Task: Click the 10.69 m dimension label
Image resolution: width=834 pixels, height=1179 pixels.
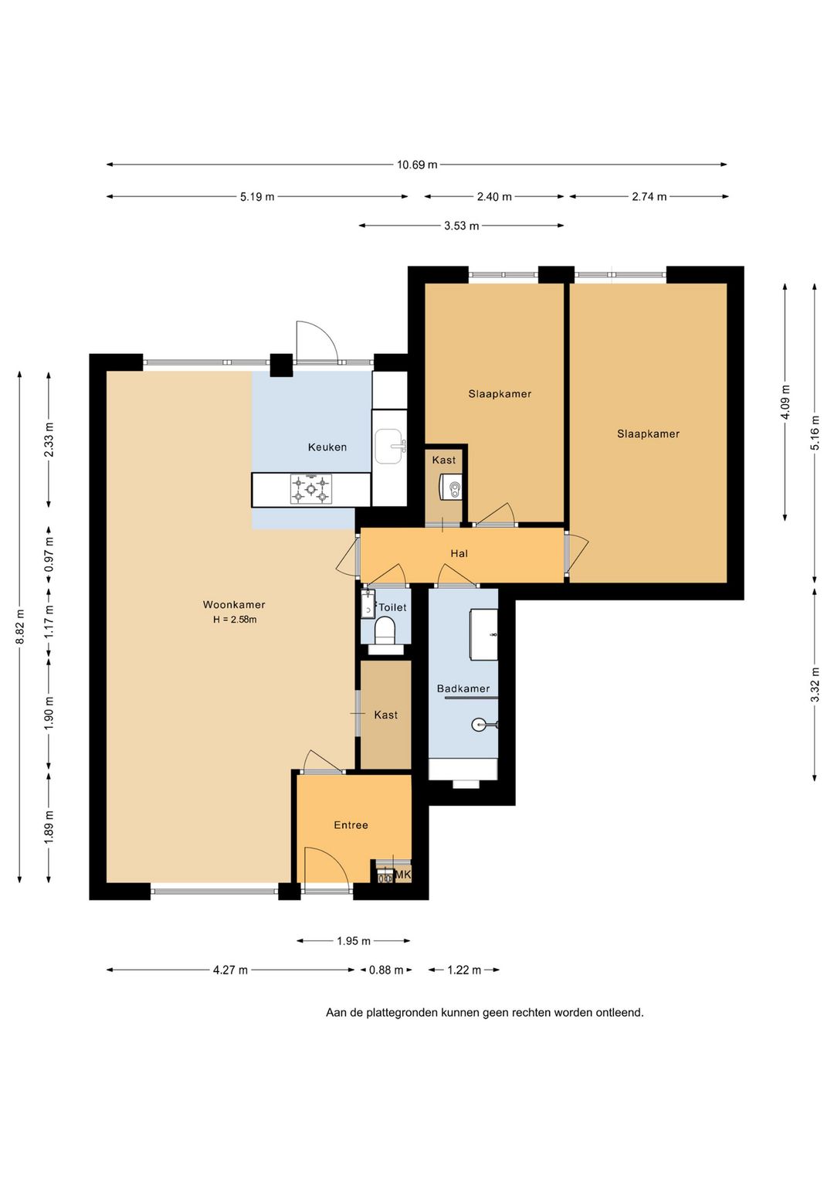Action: point(417,165)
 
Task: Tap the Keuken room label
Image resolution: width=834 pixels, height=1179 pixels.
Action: point(327,447)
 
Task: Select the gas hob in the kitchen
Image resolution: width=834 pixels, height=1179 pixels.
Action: point(311,489)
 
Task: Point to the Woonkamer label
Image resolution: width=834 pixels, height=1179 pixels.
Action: point(234,605)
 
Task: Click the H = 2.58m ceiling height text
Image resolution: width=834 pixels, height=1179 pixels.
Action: point(235,620)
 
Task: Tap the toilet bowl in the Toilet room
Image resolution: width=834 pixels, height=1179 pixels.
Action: point(385,630)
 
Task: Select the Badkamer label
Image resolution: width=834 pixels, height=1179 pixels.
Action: point(463,688)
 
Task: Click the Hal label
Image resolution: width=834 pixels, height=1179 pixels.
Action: point(459,553)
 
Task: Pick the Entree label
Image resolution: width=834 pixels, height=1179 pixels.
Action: point(351,825)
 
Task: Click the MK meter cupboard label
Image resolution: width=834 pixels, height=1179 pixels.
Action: point(402,875)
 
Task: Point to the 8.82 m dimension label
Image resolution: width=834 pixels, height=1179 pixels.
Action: point(20,627)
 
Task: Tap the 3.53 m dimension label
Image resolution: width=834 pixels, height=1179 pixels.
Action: point(462,226)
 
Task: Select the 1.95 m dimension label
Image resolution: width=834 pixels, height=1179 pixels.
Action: point(354,940)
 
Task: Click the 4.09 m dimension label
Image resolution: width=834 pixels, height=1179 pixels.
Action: point(785,402)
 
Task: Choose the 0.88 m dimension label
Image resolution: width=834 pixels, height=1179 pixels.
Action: point(385,970)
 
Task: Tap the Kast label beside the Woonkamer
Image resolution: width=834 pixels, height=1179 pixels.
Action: point(385,715)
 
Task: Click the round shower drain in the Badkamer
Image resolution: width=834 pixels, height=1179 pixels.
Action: point(478,725)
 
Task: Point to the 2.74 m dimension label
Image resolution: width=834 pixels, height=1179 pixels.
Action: point(649,197)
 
